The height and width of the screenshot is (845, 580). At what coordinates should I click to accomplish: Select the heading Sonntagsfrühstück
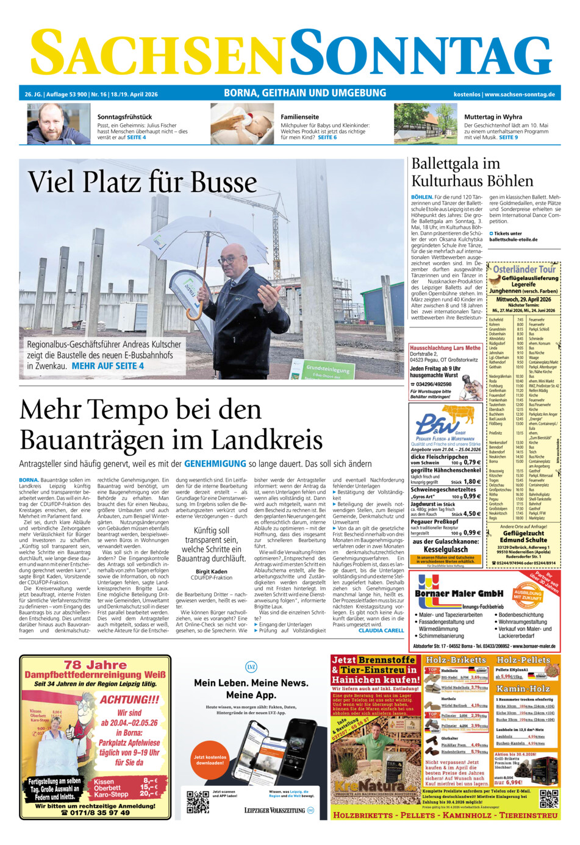[124, 116]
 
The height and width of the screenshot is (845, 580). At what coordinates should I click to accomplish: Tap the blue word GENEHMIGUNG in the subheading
[215, 464]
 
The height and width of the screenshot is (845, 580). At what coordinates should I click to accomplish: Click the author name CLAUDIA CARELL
[381, 630]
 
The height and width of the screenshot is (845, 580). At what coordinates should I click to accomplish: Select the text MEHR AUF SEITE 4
[108, 366]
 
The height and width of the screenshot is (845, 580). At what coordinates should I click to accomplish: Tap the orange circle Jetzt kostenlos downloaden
[210, 760]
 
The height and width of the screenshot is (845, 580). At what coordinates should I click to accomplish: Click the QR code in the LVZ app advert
[197, 802]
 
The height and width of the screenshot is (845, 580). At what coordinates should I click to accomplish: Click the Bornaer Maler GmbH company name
[459, 593]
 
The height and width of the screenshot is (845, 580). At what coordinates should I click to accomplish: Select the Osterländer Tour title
[524, 269]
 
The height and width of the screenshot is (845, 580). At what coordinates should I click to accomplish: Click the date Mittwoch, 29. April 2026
[523, 299]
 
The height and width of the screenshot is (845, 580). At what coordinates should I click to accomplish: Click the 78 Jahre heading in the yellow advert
[95, 665]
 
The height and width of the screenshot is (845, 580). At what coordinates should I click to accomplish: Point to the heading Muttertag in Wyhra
[493, 116]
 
